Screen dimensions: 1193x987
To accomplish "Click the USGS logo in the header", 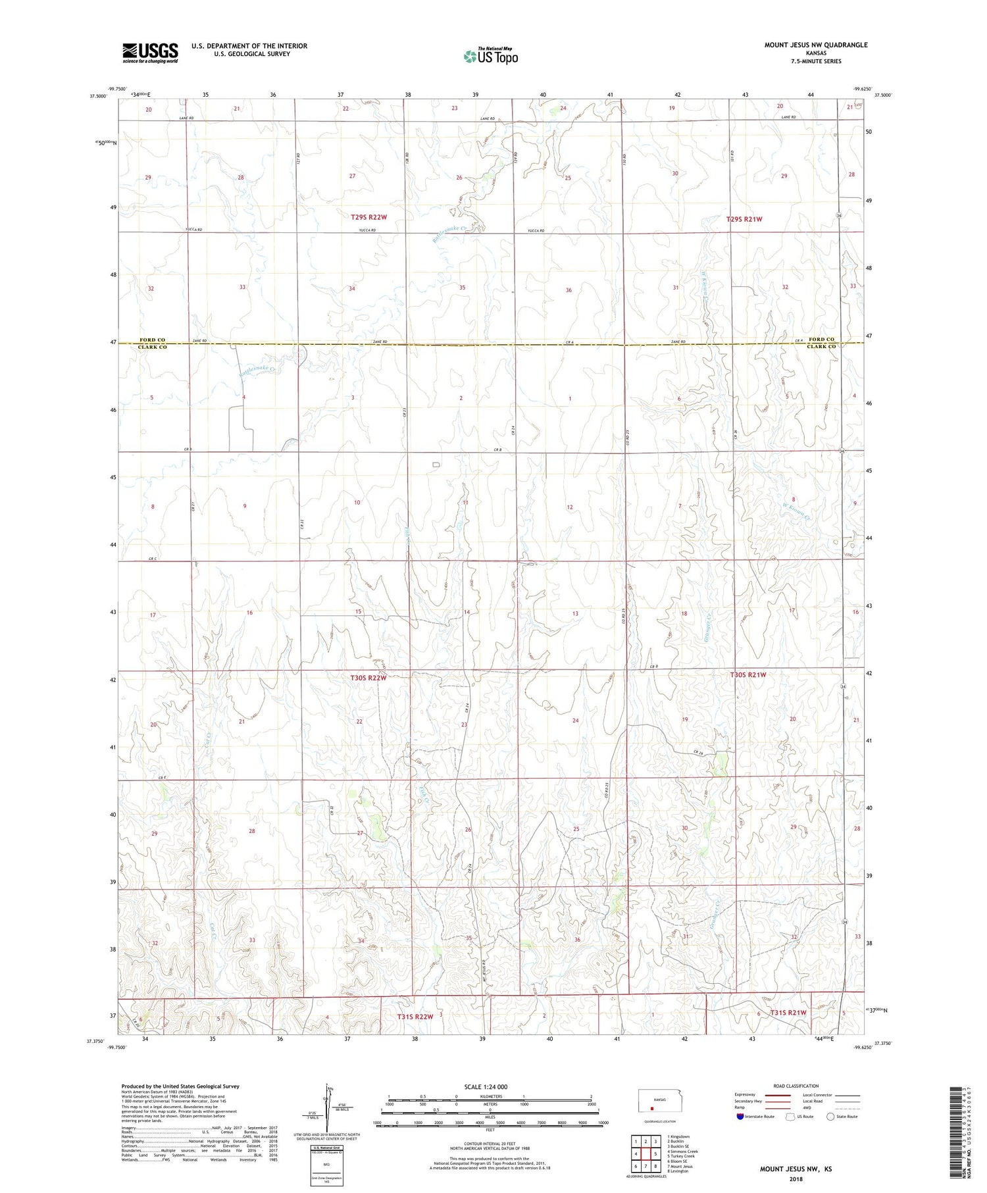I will tap(150, 53).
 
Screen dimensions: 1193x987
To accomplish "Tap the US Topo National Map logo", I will tap(490, 57).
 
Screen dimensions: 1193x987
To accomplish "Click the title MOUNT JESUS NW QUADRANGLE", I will tap(815, 45).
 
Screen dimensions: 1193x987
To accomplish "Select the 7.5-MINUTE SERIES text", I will tap(816, 61).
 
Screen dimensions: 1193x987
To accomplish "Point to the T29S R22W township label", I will tap(368, 216).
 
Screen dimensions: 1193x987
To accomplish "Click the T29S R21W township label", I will tap(744, 219).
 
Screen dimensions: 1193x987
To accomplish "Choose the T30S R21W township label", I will tap(747, 675).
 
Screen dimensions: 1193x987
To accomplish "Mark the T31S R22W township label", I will tap(415, 1017).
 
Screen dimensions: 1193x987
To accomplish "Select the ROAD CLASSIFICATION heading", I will tap(796, 1086).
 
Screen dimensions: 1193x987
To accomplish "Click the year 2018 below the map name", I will tap(796, 1179).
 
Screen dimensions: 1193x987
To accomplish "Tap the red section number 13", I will tap(575, 613).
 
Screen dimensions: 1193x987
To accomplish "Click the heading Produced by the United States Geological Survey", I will tap(180, 1086).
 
